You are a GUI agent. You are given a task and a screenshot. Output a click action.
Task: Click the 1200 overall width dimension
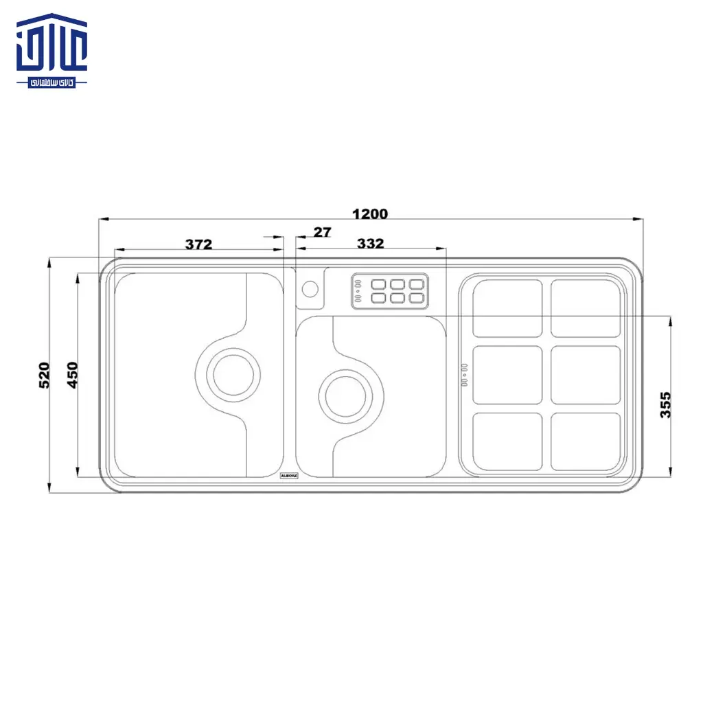coord(370,214)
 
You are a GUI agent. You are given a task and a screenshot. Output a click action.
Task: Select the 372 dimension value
coord(199,244)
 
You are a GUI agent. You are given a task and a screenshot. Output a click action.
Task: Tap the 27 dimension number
coord(322,232)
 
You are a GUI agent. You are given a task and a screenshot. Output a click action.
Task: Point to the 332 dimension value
coord(370,244)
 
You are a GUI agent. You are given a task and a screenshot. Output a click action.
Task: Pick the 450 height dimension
coord(73,375)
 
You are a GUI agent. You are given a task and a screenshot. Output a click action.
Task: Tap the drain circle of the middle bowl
coord(347,395)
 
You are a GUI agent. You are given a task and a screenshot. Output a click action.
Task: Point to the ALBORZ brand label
coord(288,474)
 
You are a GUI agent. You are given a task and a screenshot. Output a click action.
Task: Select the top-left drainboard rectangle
coord(507,308)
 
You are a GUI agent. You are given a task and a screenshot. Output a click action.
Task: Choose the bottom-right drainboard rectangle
coord(586,441)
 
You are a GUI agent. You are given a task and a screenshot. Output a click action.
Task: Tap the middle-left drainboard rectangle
coord(507,375)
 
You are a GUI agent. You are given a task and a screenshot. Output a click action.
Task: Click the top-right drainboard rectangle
coord(586,308)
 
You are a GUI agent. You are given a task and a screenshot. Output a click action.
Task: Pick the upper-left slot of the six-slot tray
coord(378,284)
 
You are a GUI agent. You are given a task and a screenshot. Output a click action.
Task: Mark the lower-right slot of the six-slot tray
coord(417,297)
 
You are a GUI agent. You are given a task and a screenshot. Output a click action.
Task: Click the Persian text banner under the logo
coord(52,82)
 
